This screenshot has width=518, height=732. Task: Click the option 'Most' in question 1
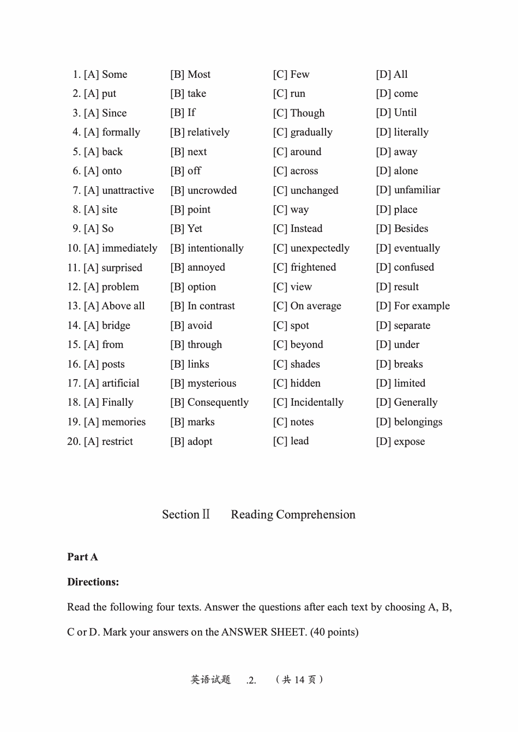tap(198, 75)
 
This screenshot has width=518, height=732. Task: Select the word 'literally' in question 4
tap(411, 132)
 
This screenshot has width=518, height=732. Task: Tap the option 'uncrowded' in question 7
tap(212, 191)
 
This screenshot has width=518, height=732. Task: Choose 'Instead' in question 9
tap(306, 229)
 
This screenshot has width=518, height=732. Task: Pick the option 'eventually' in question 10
tap(417, 248)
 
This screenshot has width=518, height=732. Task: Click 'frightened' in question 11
tap(313, 267)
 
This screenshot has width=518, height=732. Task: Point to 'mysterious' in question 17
tap(212, 383)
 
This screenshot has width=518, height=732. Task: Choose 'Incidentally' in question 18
tap(317, 402)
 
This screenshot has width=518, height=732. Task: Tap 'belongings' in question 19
tap(418, 422)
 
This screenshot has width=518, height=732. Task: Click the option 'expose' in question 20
tap(409, 442)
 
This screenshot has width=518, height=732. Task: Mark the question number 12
tap(74, 287)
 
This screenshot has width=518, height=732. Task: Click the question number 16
tap(74, 364)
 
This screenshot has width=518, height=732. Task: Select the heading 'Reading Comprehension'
tap(293, 515)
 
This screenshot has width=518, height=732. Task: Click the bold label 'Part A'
tap(82, 557)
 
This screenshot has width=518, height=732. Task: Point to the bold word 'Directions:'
tap(93, 582)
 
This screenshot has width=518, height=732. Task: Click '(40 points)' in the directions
tap(334, 632)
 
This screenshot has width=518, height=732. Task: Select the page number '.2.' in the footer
tap(251, 680)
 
